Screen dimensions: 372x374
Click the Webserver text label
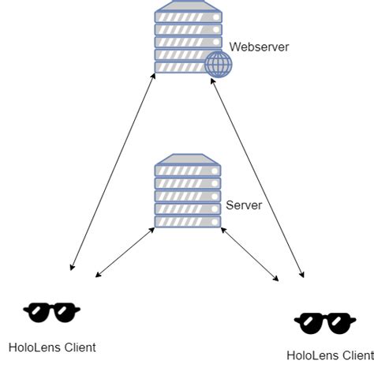259,47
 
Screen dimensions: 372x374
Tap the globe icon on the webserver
217,66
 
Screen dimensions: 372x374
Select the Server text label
244,205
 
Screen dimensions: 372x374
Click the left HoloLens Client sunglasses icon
52,313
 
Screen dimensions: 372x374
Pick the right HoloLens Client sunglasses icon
324,321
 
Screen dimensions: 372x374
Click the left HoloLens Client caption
52,347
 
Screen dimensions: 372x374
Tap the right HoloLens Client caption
330,355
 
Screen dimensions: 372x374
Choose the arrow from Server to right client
250,254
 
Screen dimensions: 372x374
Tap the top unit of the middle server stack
187,169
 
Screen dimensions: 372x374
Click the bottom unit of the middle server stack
187,222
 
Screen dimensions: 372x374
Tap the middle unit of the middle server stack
187,196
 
